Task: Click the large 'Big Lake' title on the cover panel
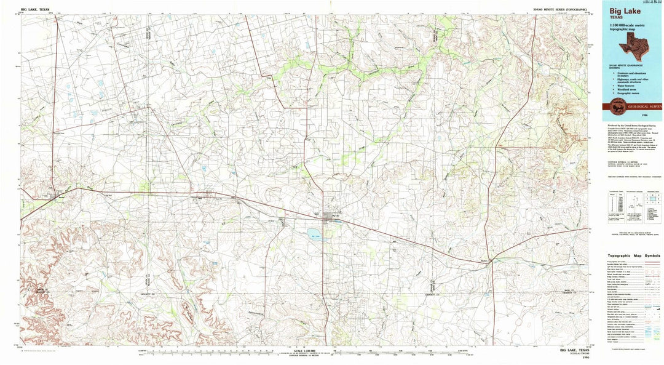tap(625, 10)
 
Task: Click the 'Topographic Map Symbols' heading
tap(634, 255)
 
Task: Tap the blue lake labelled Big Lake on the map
tap(315, 234)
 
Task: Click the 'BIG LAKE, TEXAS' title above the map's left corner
tap(35, 10)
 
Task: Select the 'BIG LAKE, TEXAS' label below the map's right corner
tap(575, 351)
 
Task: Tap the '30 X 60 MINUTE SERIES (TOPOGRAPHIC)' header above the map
tap(559, 10)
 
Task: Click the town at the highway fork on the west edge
tap(57, 195)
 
